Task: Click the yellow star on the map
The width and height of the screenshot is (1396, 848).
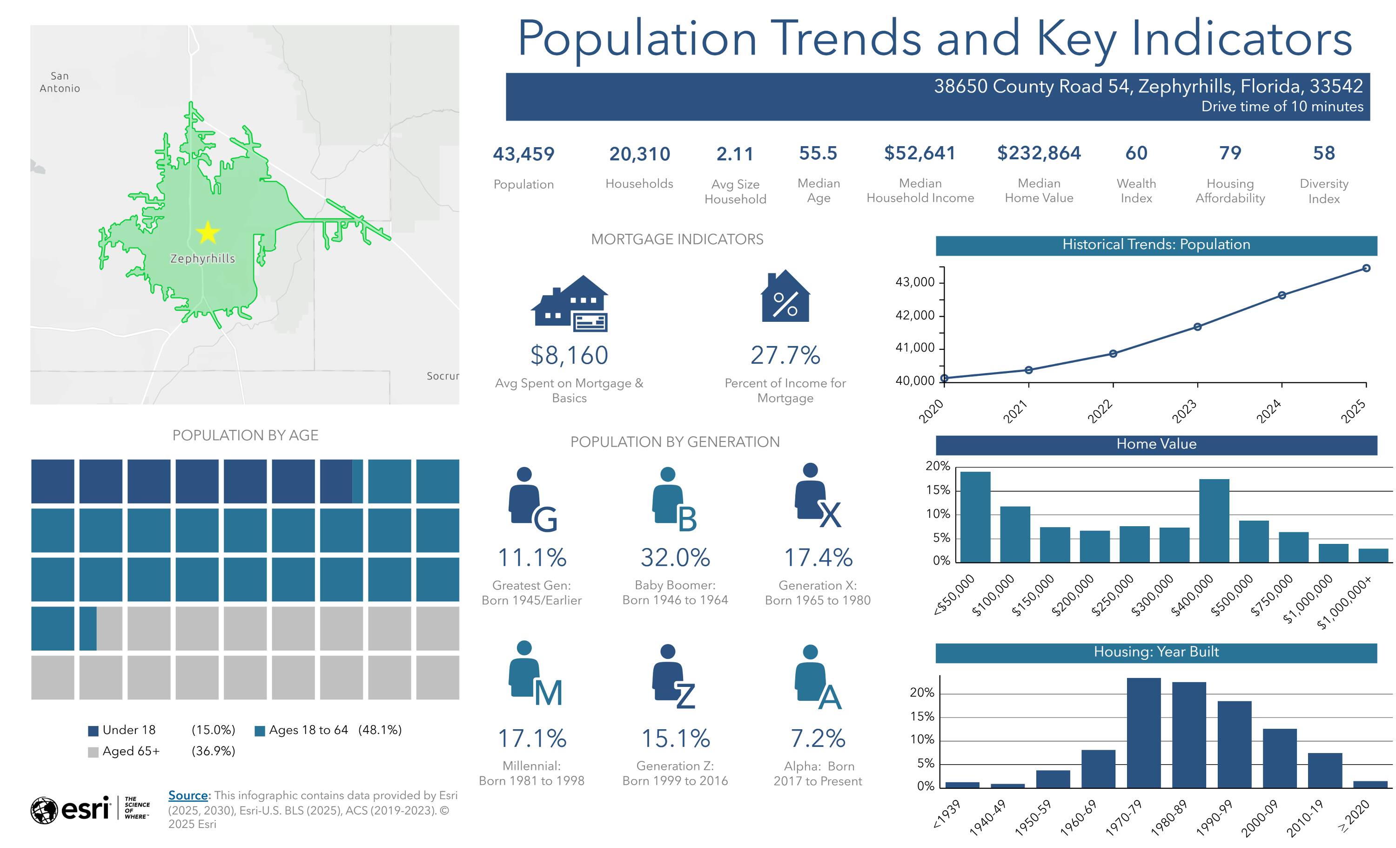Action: click(208, 232)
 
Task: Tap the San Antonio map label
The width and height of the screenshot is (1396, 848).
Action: click(60, 82)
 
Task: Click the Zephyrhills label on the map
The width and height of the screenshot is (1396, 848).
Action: click(203, 258)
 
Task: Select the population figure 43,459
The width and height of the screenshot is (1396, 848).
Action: click(523, 154)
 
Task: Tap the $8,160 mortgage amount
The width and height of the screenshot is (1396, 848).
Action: click(570, 355)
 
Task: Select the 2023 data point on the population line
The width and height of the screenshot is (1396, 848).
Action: click(1198, 327)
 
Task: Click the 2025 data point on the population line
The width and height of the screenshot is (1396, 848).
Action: click(1367, 268)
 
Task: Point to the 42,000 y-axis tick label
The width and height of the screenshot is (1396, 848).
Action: click(915, 315)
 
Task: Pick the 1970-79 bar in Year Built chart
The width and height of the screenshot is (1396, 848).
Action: click(1144, 733)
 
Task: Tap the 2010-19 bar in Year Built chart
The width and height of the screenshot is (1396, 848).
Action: click(1325, 770)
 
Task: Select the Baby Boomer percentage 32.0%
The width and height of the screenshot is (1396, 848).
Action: click(675, 557)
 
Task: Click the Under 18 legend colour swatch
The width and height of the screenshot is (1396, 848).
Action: click(94, 731)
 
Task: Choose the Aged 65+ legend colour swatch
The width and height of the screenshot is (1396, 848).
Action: click(94, 752)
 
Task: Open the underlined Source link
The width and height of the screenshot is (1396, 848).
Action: click(188, 795)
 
